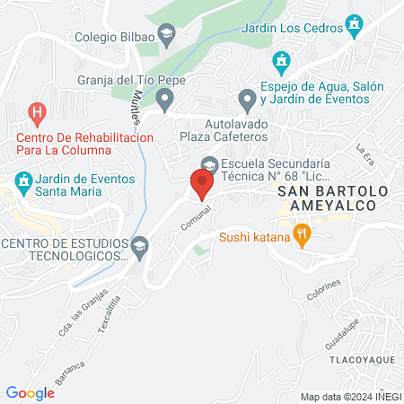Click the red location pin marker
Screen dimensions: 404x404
coord(202,184)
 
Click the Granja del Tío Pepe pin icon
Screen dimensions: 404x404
coord(164,99)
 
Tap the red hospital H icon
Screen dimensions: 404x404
coord(37,114)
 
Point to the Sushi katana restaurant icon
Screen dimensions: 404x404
coord(302,238)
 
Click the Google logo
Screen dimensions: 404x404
coord(30,392)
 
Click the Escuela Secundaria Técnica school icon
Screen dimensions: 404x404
coord(209,165)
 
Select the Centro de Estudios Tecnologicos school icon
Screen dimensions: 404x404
coord(139,245)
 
